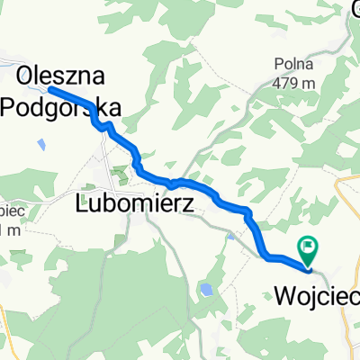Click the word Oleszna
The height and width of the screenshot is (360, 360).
coord(59,74)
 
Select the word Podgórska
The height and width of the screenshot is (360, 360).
coord(59,106)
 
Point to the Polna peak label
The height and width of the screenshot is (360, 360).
coord(295,63)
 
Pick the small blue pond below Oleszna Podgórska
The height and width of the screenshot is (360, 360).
coord(41,142)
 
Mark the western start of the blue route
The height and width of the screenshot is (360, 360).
coord(49,89)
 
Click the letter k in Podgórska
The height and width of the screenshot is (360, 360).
coord(97,106)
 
